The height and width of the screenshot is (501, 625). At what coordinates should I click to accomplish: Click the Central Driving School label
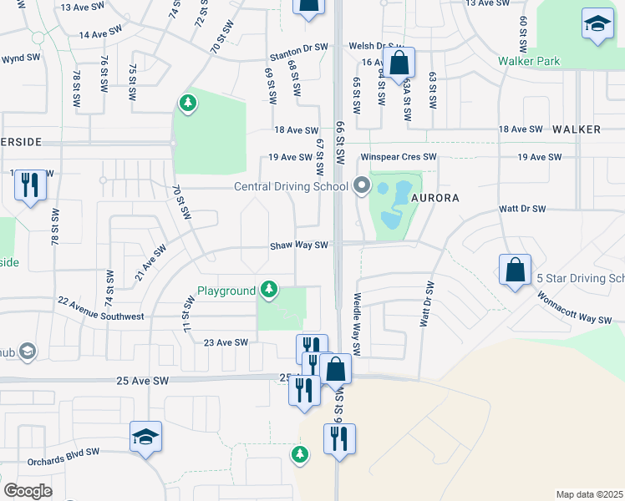(291, 186)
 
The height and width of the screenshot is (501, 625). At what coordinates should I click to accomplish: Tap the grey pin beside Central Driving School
(362, 185)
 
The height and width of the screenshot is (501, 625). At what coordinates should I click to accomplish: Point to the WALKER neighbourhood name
(577, 129)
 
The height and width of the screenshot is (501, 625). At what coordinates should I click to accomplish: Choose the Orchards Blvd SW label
(63, 452)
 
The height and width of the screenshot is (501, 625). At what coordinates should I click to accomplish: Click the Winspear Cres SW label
(399, 157)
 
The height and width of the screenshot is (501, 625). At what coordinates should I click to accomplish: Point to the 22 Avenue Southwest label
(100, 309)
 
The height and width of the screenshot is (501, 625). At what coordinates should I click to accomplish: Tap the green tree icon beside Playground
(268, 290)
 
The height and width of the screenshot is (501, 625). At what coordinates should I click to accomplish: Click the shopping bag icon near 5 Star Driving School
(515, 271)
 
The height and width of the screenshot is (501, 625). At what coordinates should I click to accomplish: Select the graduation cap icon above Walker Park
(597, 25)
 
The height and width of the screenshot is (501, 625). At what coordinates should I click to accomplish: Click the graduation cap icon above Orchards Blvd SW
(145, 437)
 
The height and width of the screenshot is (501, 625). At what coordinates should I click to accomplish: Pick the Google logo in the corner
(28, 491)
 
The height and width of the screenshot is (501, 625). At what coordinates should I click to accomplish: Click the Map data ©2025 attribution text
(589, 494)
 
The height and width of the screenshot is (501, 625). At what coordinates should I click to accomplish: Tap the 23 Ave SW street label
(226, 342)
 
